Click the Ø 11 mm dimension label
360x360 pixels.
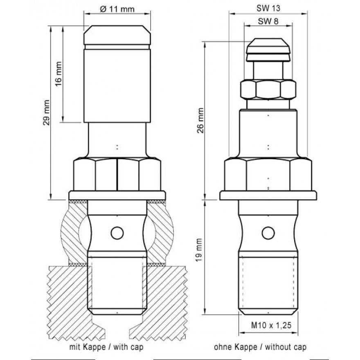(x=117, y=9)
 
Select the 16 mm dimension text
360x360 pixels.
(x=59, y=74)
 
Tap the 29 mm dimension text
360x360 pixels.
(x=46, y=112)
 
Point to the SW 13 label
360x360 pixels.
(x=268, y=8)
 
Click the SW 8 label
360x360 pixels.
(x=268, y=21)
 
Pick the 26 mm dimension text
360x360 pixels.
(x=200, y=120)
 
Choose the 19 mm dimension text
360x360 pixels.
(x=199, y=250)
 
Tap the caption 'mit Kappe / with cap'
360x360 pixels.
(x=106, y=346)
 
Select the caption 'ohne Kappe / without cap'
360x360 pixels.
(x=260, y=346)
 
